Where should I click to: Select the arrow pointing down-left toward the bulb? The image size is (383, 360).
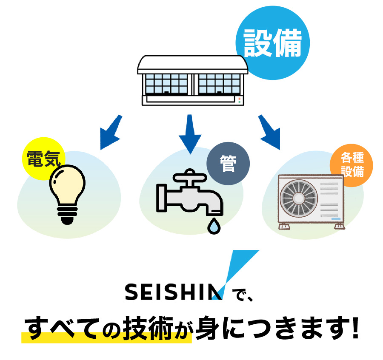point(109,133)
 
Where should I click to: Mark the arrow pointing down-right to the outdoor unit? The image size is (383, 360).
point(270,133)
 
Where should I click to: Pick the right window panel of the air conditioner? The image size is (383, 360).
point(217,83)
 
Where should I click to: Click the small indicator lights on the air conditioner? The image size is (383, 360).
point(239,100)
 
